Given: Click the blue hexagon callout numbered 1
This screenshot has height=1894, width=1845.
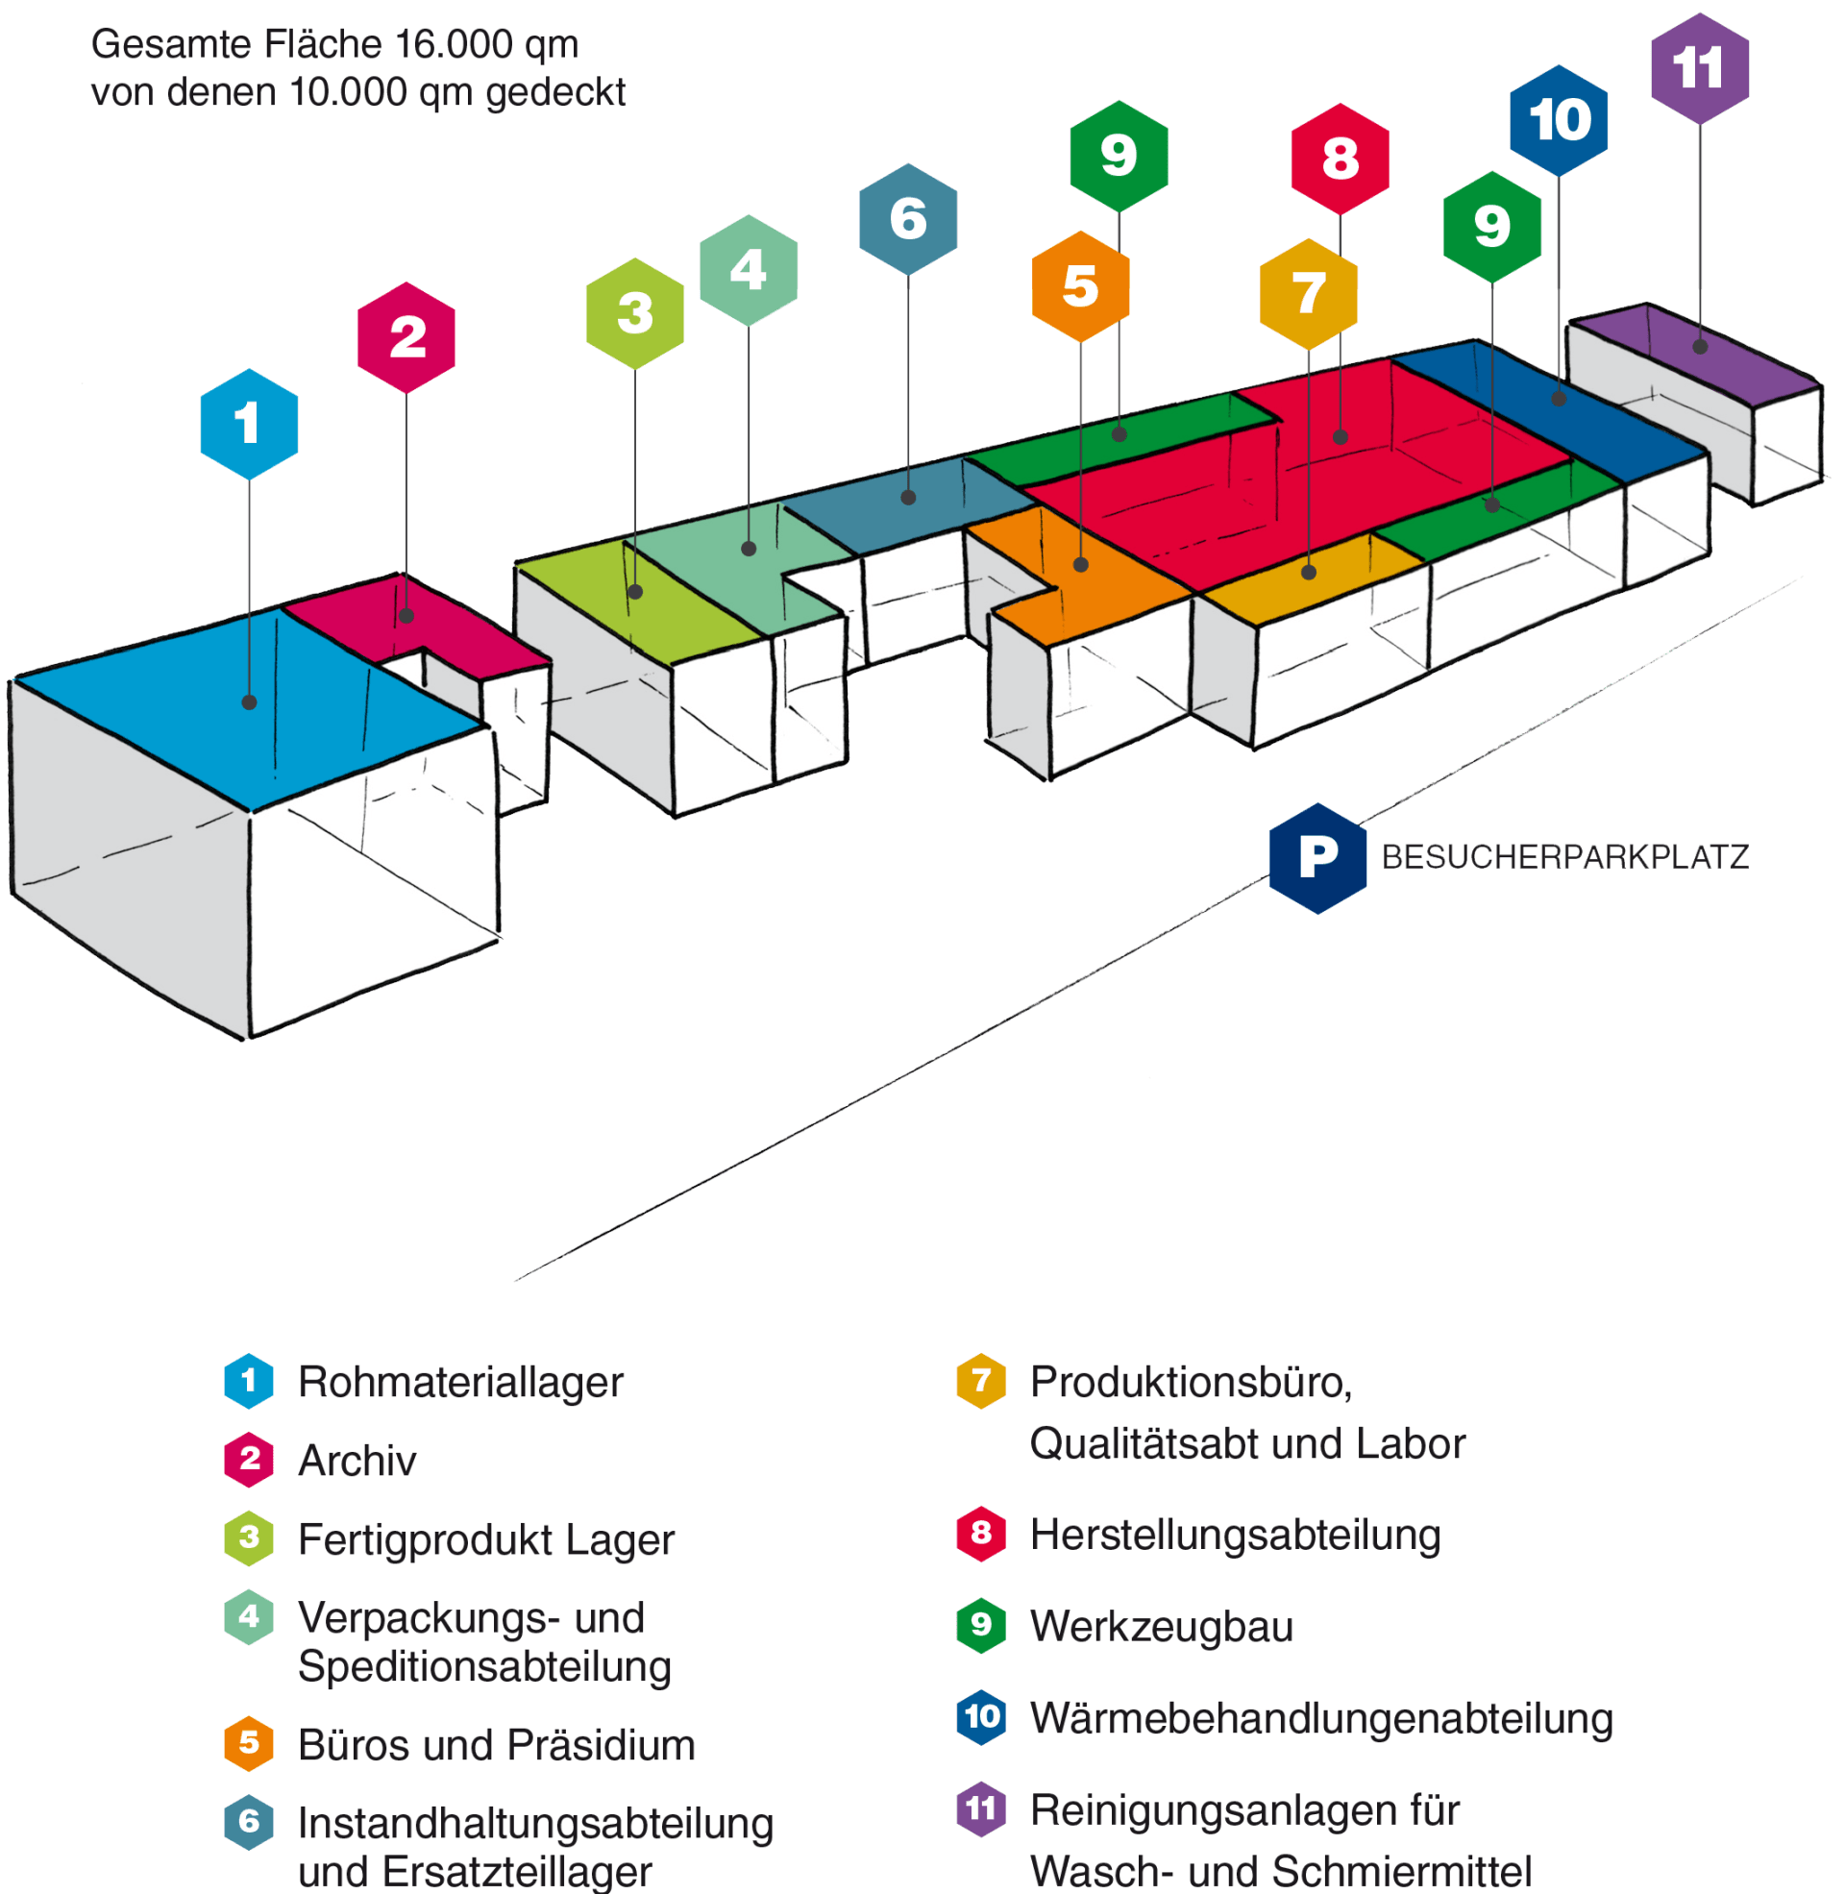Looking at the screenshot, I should (x=249, y=424).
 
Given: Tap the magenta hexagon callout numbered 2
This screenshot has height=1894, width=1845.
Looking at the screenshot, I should (x=406, y=337).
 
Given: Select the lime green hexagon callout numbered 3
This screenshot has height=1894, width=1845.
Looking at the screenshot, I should (x=635, y=313).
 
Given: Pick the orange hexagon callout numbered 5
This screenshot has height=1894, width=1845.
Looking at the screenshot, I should (x=1080, y=286).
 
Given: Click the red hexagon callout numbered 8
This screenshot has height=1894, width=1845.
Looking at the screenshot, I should (x=1340, y=159).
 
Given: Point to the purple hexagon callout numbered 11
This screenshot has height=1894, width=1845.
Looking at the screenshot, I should (x=1700, y=69).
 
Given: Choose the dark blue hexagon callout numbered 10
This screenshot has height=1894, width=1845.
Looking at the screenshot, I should (x=1559, y=120).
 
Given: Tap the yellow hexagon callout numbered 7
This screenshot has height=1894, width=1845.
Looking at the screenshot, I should (x=1308, y=293).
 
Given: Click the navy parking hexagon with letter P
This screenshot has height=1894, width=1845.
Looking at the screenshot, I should (x=1316, y=857).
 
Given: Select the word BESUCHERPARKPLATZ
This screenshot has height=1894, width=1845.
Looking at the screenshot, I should (x=1564, y=857).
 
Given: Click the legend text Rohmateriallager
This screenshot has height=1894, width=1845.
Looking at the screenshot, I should (x=460, y=1382).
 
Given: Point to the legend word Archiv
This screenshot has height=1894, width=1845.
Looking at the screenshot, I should (x=357, y=1460).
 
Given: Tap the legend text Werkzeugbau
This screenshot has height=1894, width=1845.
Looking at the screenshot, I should (x=1161, y=1626).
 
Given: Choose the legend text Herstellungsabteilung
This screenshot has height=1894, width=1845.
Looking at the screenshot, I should (x=1235, y=1535).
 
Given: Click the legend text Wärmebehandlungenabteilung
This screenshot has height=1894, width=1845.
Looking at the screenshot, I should (x=1320, y=1718).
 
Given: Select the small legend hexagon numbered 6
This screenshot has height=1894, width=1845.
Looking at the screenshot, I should (x=249, y=1821).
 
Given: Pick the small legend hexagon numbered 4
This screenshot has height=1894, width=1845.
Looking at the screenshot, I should (x=249, y=1616).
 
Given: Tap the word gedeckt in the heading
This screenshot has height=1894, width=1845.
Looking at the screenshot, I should (x=555, y=93).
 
